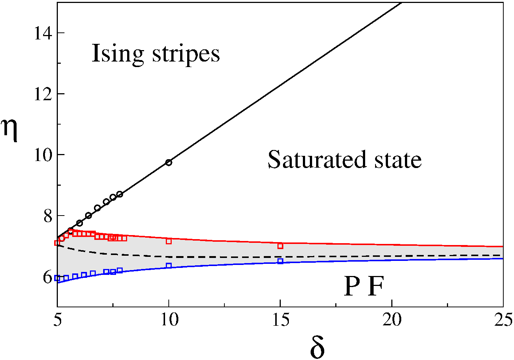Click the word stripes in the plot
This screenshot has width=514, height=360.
[x=186, y=55]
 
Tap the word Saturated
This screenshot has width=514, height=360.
[x=317, y=160]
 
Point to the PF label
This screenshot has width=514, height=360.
[x=364, y=286]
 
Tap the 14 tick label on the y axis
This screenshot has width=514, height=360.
[x=43, y=33]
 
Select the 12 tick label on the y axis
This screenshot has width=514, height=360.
[x=43, y=94]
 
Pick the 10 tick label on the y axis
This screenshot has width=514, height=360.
[x=43, y=155]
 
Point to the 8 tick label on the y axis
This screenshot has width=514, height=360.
[x=48, y=216]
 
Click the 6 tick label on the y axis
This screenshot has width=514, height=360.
[x=48, y=278]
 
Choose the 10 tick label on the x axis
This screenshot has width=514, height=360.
[x=169, y=319]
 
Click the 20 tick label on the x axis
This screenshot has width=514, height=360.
[x=392, y=319]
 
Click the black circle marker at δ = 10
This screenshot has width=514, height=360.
[x=169, y=162]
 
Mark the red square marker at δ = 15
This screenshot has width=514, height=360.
[x=280, y=246]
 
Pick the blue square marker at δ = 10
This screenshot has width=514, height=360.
[x=169, y=266]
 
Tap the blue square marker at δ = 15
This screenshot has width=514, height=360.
[x=280, y=261]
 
